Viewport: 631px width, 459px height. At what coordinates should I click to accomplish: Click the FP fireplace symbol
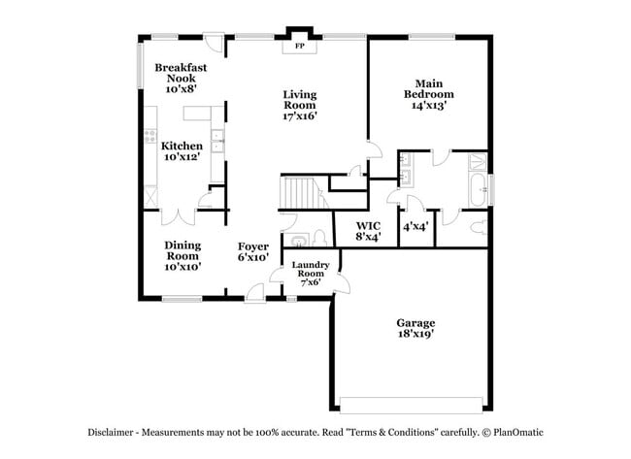tap(299, 46)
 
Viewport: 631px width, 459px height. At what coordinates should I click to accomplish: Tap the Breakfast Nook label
tap(181, 73)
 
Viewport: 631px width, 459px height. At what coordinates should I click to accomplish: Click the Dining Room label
tap(183, 250)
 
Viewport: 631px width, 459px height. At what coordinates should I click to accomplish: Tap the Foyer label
tap(252, 246)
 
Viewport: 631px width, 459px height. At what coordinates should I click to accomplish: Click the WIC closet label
tap(367, 226)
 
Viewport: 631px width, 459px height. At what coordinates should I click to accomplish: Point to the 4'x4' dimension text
tap(416, 225)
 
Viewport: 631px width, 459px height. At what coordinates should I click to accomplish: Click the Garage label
tap(415, 322)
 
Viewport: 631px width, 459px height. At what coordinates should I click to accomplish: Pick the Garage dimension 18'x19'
tap(415, 334)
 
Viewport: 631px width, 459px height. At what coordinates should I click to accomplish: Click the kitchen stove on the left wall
tap(150, 137)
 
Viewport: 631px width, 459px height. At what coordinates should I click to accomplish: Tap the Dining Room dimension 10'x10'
tap(183, 266)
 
